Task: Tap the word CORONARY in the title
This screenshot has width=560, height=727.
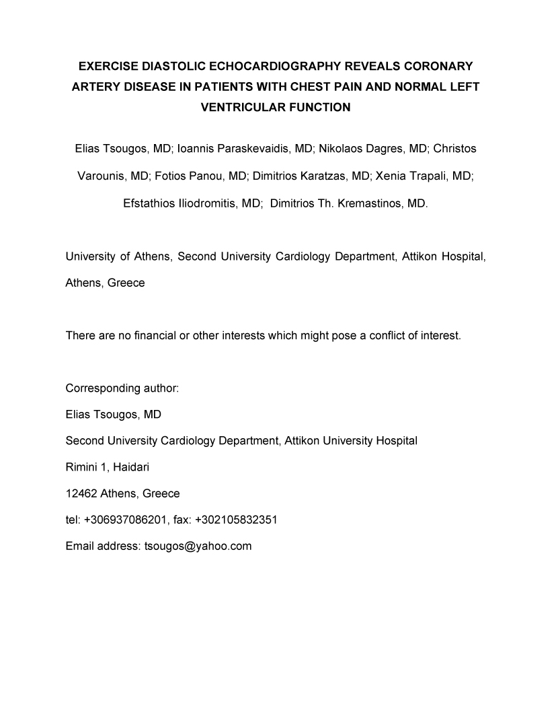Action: pyautogui.click(x=439, y=66)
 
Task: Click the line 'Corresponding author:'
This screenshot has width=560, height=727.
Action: pyautogui.click(x=122, y=388)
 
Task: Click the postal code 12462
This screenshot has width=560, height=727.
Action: pyautogui.click(x=81, y=493)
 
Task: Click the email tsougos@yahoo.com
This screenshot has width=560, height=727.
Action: pyautogui.click(x=198, y=546)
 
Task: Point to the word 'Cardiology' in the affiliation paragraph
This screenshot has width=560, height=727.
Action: pyautogui.click(x=307, y=256)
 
